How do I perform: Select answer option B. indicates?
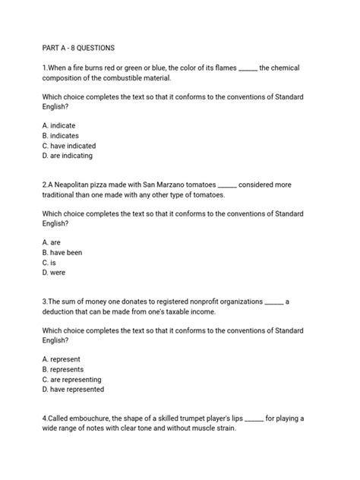pyautogui.click(x=61, y=135)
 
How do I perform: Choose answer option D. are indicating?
pyautogui.click(x=68, y=156)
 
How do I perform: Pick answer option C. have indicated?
pyautogui.click(x=69, y=146)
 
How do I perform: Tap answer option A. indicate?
pyautogui.click(x=59, y=125)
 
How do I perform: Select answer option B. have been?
pyautogui.click(x=62, y=252)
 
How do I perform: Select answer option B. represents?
pyautogui.click(x=64, y=369)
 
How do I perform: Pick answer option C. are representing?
pyautogui.click(x=72, y=379)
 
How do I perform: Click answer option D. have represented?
pyautogui.click(x=74, y=389)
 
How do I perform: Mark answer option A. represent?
pyautogui.click(x=62, y=359)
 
